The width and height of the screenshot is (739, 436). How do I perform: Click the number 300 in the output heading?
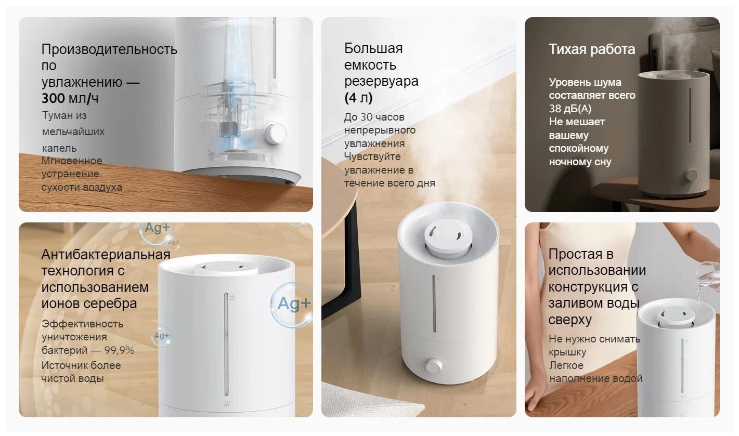point(53,98)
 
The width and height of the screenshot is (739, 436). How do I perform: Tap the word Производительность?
point(109,49)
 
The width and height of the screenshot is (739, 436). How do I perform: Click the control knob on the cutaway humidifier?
point(275,133)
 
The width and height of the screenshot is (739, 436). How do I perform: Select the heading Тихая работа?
point(592,49)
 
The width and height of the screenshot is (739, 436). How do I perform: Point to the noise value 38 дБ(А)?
point(570,109)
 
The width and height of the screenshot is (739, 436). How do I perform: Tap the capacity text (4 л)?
point(358,98)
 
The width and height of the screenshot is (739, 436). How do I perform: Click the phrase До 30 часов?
point(374,117)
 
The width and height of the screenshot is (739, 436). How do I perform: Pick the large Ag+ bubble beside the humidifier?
point(291,305)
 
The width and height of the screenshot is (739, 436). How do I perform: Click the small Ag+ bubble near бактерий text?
point(161,336)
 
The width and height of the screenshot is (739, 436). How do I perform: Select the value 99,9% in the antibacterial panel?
point(119,350)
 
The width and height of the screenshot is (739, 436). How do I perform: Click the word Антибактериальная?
point(106,255)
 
